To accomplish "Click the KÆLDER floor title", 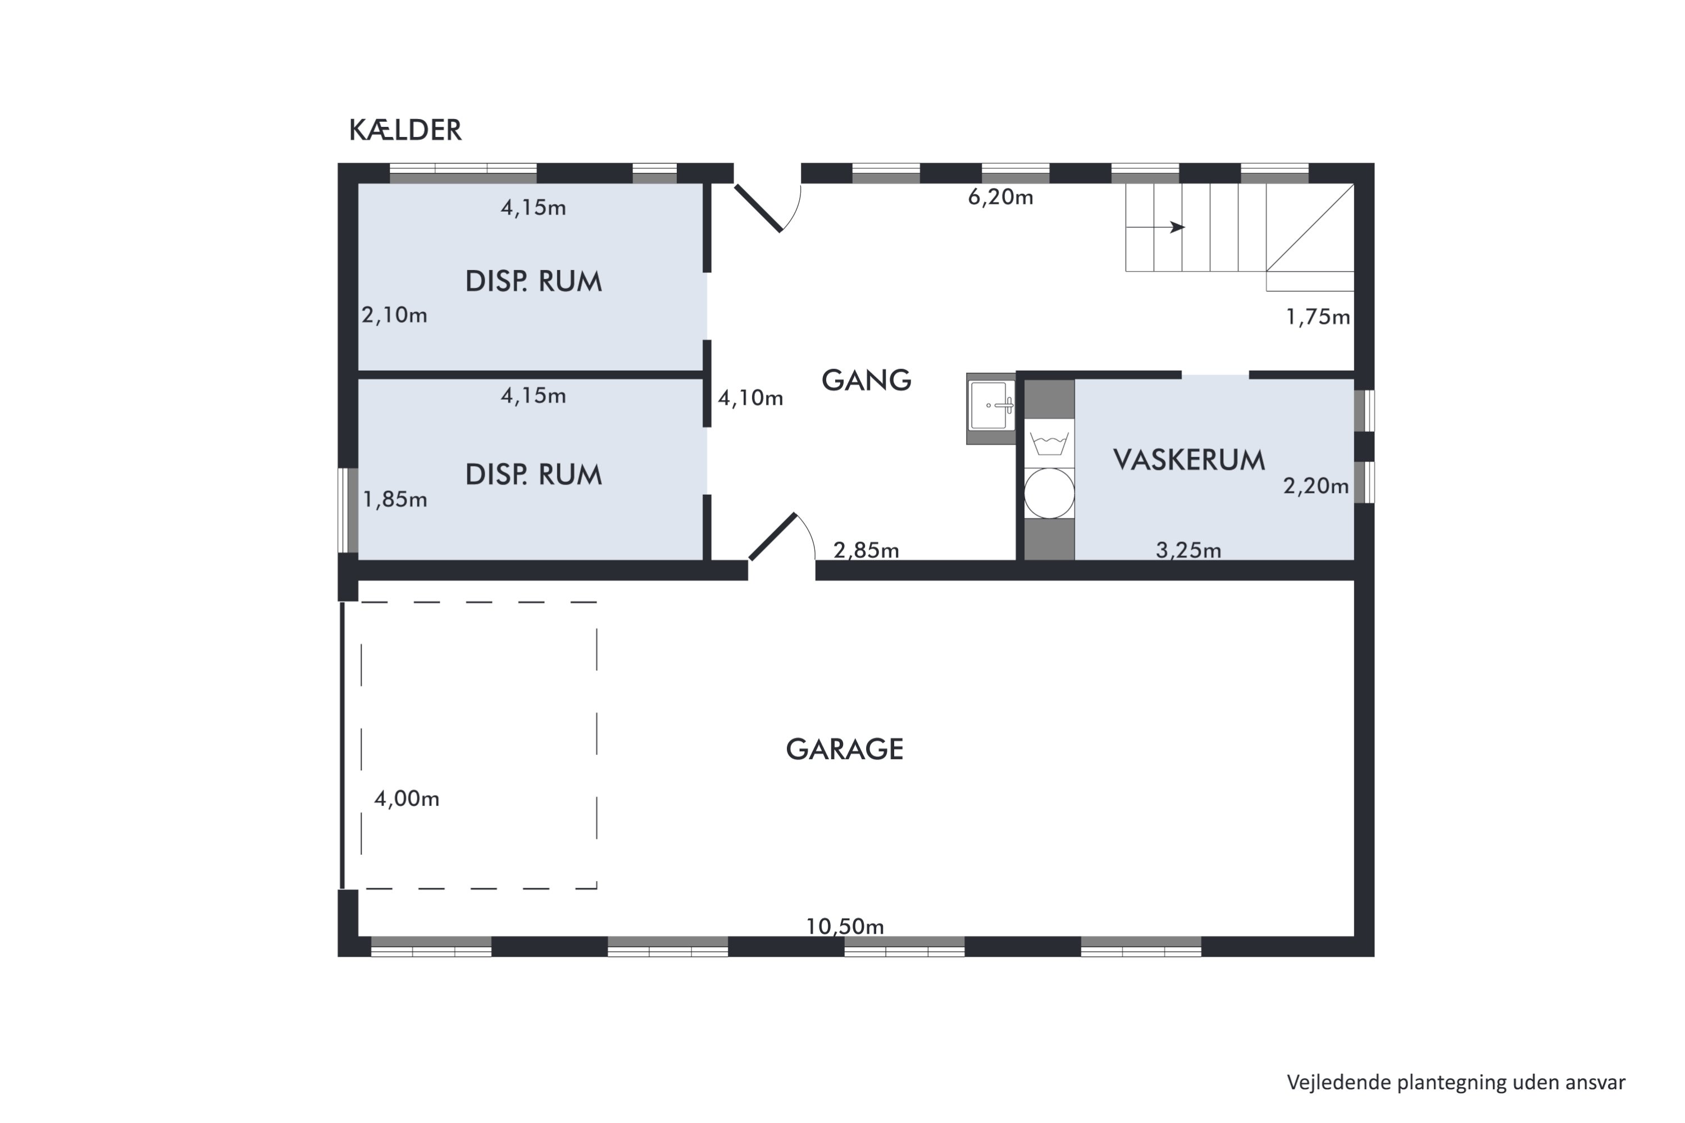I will click(x=405, y=130).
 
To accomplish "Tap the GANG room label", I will click(x=866, y=380).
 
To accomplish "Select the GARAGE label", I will click(x=844, y=749).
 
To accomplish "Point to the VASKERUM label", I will click(x=1188, y=460).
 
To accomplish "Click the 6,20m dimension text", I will click(x=1000, y=198).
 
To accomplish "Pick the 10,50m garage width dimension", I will click(x=845, y=927).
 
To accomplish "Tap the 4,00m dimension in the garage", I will click(x=406, y=798).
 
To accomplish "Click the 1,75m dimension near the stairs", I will click(x=1318, y=317).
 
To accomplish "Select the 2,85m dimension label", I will click(x=866, y=550).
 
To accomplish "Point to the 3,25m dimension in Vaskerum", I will click(x=1188, y=550).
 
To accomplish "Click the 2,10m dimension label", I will click(x=394, y=315).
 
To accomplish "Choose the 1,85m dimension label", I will click(x=395, y=500).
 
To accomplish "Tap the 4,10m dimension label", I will click(x=750, y=398).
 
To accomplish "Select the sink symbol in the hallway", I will click(x=990, y=406).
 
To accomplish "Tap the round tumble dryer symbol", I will click(x=1049, y=494).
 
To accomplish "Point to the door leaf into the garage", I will click(x=772, y=536).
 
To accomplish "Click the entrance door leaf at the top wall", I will click(x=758, y=208).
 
